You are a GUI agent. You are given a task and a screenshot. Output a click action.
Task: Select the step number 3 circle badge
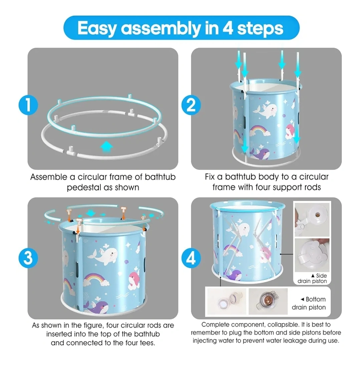(x=28, y=258)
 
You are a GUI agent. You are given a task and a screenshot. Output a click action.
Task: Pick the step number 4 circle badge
(x=191, y=258)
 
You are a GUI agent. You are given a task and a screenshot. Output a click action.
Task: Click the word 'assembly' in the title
(x=161, y=28)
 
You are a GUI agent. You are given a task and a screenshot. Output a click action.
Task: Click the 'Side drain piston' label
(x=312, y=278)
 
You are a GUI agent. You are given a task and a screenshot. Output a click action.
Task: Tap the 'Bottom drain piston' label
(x=309, y=303)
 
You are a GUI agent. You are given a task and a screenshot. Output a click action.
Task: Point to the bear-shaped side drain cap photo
(x=312, y=255)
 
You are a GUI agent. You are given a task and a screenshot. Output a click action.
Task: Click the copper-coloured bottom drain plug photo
(x=268, y=301)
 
